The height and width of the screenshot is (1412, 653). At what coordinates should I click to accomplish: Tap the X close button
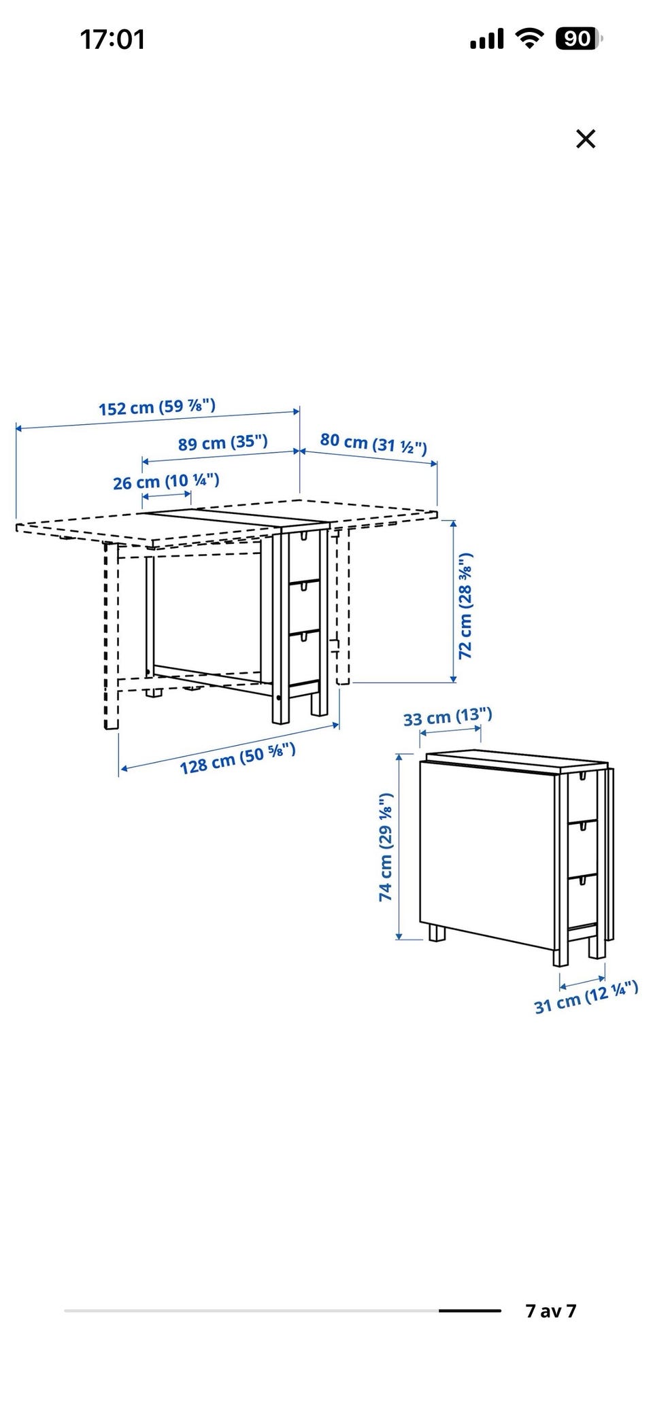[x=586, y=139]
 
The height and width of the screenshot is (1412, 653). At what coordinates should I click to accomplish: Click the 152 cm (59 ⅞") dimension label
[x=157, y=407]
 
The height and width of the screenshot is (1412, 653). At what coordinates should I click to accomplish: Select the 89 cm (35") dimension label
[x=223, y=443]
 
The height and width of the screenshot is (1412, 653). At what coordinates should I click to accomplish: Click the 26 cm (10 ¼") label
[x=166, y=481]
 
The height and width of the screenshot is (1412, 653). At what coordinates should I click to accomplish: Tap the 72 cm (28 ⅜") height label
[x=465, y=606]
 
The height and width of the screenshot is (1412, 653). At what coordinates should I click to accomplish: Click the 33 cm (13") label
[x=448, y=717]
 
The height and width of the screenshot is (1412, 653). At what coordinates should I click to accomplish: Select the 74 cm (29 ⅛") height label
[x=386, y=847]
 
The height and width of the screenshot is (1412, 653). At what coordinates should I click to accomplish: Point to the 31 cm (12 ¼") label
[x=586, y=997]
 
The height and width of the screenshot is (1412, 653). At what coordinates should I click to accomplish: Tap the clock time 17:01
[x=113, y=39]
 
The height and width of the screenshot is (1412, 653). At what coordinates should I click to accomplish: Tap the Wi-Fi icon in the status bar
[x=529, y=38]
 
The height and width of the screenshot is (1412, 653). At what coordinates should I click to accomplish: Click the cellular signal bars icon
[x=487, y=39]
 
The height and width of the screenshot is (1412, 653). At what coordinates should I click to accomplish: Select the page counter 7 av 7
[x=551, y=1311]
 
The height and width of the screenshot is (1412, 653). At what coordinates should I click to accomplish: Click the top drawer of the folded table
[x=583, y=795]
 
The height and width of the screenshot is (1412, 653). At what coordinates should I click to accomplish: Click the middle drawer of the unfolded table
[x=304, y=605]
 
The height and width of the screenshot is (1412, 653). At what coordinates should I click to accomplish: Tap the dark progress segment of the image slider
[x=470, y=1311]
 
